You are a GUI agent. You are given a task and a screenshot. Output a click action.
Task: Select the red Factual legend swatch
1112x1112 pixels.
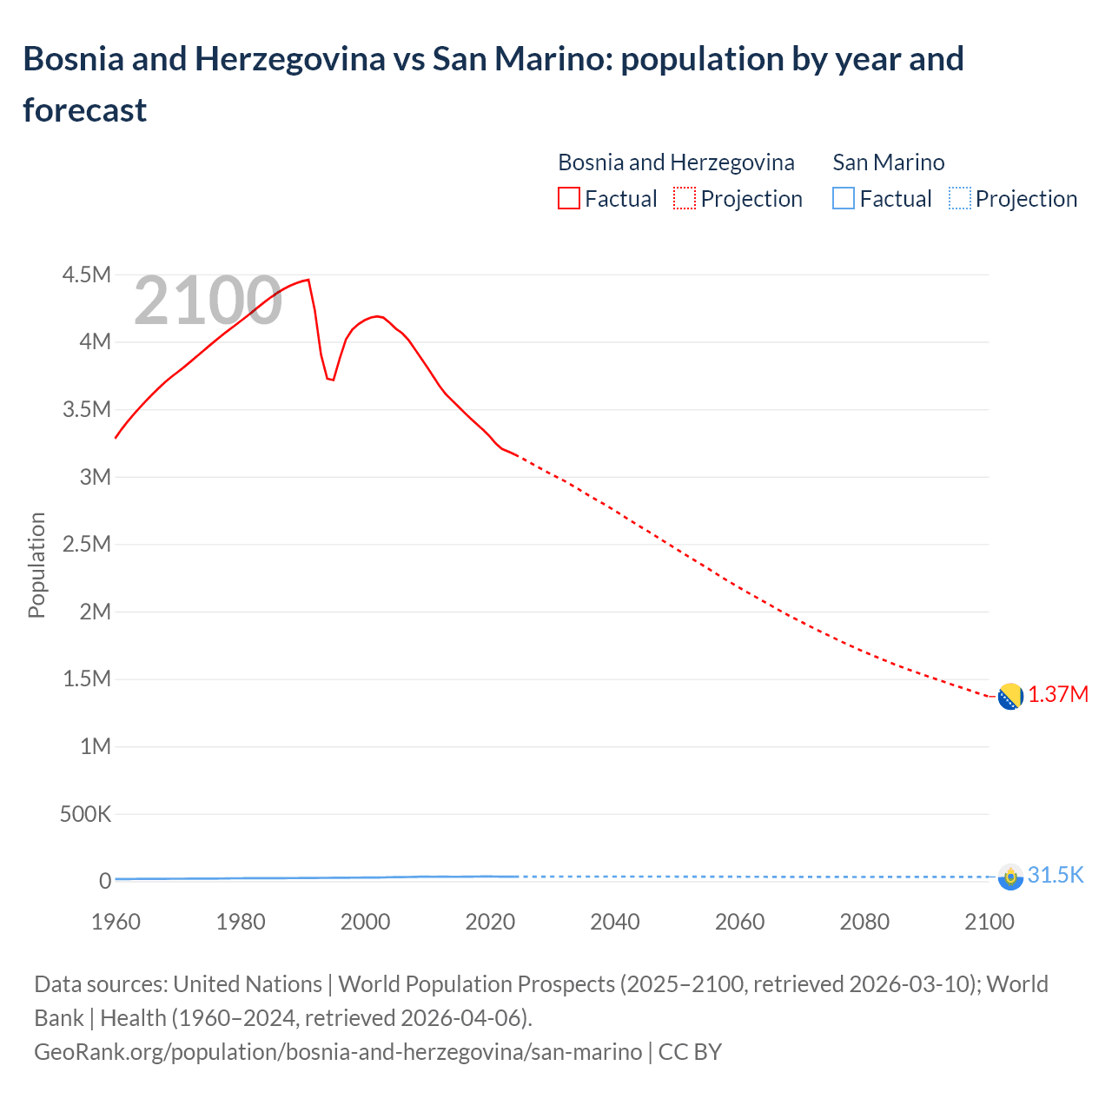tap(568, 199)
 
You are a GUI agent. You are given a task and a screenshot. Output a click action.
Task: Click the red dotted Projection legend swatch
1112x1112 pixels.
tap(685, 199)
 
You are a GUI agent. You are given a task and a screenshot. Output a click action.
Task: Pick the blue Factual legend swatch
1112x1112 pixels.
tap(843, 199)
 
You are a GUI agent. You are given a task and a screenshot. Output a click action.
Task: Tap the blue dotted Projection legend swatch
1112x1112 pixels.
tap(959, 199)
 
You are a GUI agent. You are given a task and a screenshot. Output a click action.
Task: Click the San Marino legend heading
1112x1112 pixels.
tap(888, 162)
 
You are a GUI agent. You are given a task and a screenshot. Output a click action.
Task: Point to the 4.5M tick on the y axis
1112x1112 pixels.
tap(87, 275)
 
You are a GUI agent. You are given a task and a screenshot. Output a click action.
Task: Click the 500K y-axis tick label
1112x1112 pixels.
tap(85, 814)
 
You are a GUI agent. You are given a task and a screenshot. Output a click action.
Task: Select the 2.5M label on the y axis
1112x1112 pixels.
tap(87, 545)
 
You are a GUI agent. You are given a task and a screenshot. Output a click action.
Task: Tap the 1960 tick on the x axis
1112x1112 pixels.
tap(116, 922)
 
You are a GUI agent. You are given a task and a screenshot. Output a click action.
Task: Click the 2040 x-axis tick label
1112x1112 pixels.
tap(615, 922)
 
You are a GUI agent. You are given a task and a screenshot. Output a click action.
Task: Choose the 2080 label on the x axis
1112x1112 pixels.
tap(864, 922)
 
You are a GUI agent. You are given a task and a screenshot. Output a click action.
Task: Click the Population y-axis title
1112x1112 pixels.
tap(36, 565)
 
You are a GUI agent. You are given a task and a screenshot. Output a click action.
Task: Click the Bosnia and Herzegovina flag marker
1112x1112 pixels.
tap(1009, 697)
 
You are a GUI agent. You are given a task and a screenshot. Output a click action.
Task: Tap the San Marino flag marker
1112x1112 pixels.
tap(1009, 877)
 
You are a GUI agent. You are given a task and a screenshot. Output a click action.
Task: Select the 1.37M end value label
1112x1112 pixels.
tap(1058, 695)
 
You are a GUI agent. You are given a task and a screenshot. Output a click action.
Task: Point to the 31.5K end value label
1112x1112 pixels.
tap(1056, 875)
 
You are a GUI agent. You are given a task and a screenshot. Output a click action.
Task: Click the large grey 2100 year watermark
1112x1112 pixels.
tap(208, 301)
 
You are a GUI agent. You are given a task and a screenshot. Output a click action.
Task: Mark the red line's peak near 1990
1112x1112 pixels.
tap(308, 280)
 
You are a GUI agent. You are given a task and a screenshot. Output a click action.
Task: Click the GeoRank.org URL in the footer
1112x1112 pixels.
tap(338, 1052)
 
